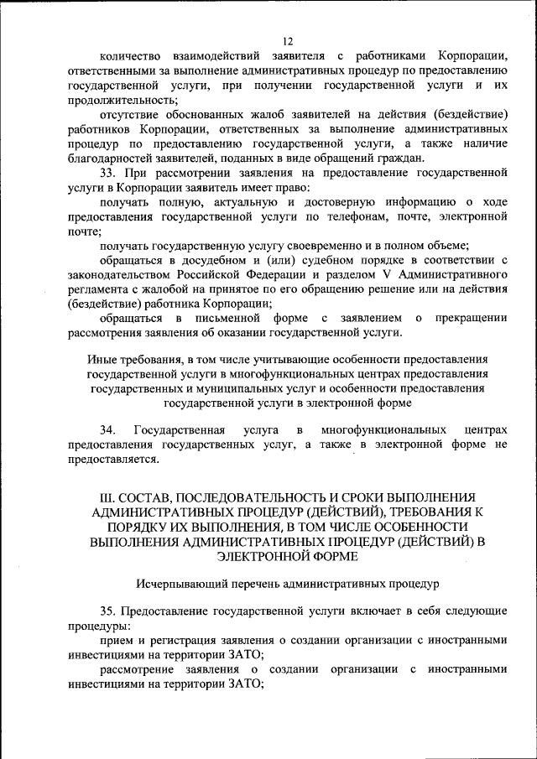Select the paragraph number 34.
(x=107, y=429)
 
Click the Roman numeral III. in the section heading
(x=98, y=496)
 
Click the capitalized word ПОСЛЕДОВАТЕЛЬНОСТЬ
(x=259, y=496)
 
